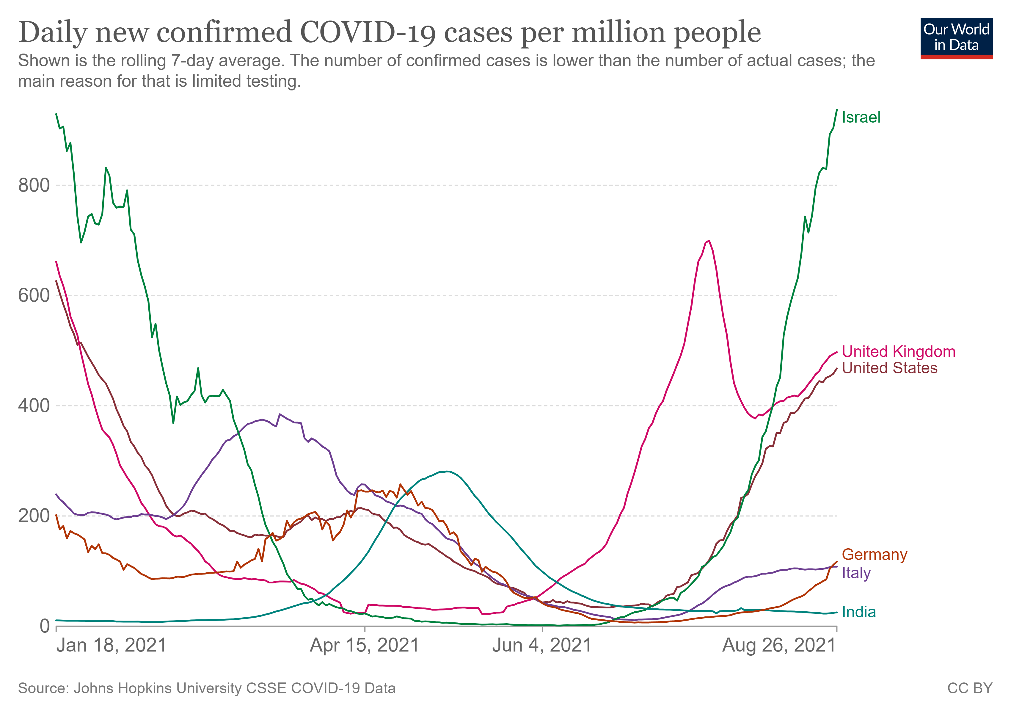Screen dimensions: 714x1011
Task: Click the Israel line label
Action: [x=861, y=117]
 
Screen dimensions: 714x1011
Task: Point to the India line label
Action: [x=859, y=612]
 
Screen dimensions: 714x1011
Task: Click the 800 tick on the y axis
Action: [x=34, y=185]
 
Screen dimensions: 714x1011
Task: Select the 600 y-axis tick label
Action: [x=34, y=295]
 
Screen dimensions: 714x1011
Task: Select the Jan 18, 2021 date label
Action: [x=112, y=645]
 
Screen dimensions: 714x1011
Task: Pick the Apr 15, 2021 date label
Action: [x=364, y=645]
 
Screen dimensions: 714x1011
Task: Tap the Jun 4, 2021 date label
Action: [x=541, y=645]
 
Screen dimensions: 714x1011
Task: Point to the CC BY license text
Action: [x=970, y=688]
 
